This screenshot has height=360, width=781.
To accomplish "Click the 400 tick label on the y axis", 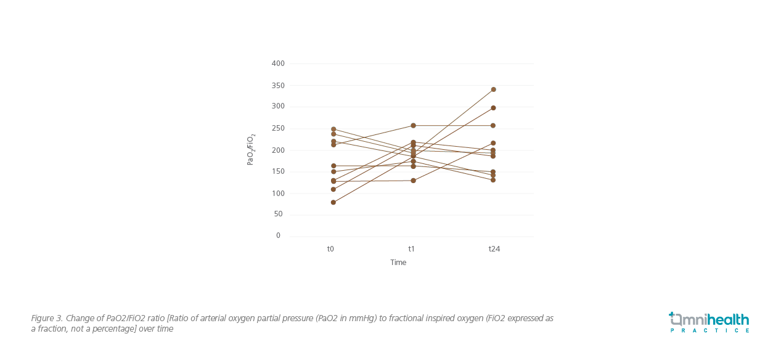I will pos(277,63).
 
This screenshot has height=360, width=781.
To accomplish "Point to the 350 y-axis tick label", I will pos(277,85).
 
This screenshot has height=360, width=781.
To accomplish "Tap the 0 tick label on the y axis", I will pos(278,235).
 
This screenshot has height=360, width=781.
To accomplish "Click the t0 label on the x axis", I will pos(330,249).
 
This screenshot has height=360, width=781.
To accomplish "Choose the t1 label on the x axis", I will pos(411,249).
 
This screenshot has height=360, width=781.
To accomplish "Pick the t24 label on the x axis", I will pos(494,249).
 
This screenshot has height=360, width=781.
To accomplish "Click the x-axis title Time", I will pos(398,263).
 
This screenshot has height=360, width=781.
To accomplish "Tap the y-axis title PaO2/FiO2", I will pos(251,149).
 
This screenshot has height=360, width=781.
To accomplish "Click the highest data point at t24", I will pos(493,89).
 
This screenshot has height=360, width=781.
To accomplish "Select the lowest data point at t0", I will pos(333,202).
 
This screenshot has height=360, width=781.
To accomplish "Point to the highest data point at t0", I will pos(333,129).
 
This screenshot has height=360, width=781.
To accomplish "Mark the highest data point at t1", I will pos(413,126).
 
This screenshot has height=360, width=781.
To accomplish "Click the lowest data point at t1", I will pos(413,181).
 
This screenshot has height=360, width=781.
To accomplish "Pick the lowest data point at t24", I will pos(493,180).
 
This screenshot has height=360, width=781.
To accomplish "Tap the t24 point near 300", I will pos(493,108).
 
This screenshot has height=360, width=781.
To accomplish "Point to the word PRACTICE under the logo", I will pos(709,330).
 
